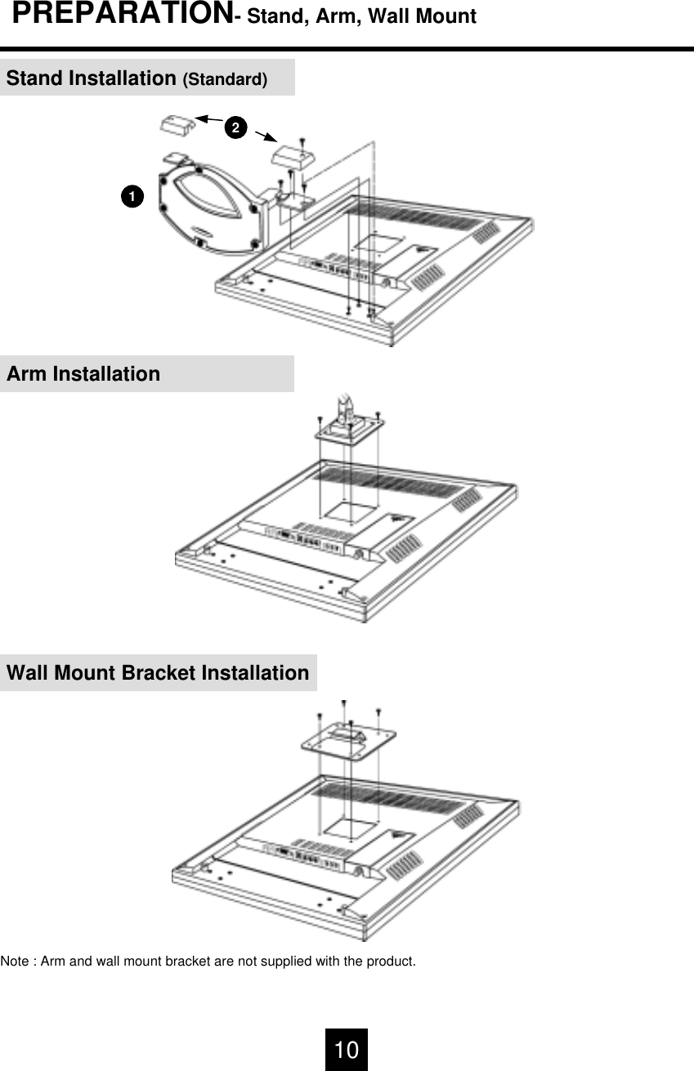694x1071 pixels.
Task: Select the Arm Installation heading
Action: (83, 374)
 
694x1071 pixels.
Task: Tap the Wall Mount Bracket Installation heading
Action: (158, 673)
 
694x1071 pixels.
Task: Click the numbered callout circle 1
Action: (130, 196)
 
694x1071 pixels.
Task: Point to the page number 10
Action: (347, 1050)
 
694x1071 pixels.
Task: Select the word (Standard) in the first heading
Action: (225, 80)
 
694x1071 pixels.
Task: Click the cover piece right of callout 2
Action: (293, 156)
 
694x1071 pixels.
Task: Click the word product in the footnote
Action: (392, 961)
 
